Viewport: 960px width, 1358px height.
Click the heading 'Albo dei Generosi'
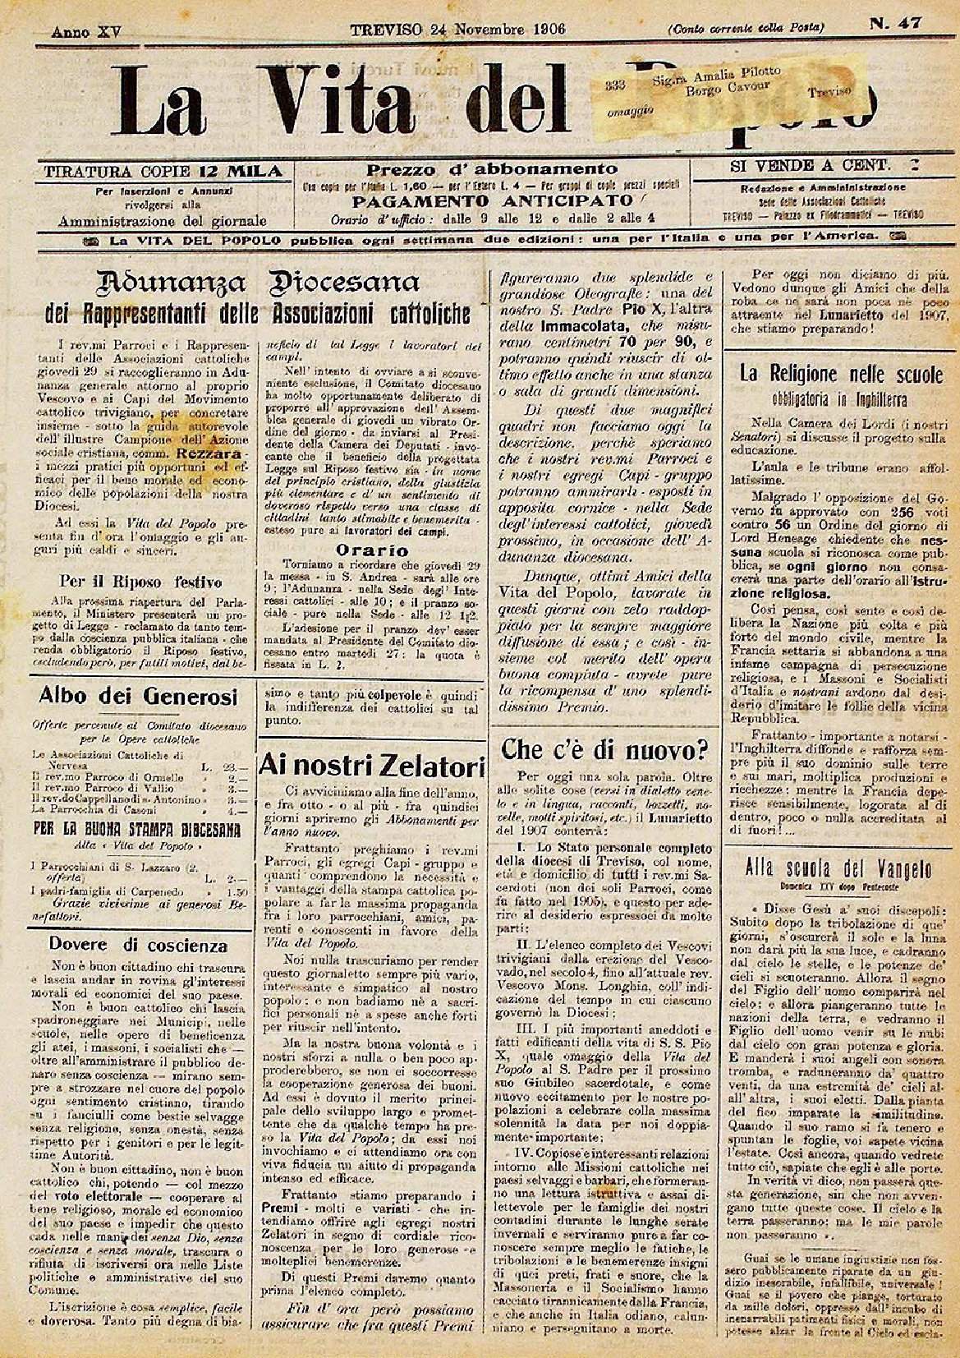[138, 697]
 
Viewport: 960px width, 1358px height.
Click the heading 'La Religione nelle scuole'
[841, 375]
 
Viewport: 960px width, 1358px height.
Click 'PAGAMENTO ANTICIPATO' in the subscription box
[492, 200]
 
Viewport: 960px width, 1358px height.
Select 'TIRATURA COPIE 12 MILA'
[163, 172]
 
